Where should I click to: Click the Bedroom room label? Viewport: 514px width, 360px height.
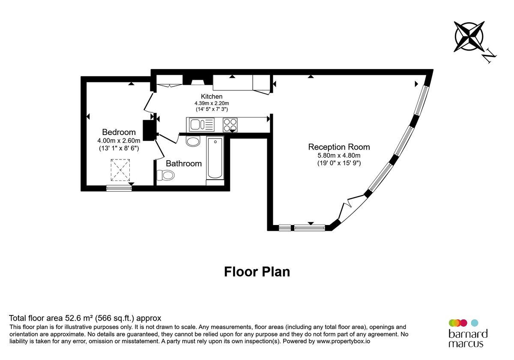pyautogui.click(x=119, y=132)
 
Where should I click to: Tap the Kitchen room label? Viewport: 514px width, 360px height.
pyautogui.click(x=212, y=96)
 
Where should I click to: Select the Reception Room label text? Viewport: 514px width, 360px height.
pyautogui.click(x=339, y=147)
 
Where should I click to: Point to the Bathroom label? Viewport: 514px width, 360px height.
pyautogui.click(x=183, y=163)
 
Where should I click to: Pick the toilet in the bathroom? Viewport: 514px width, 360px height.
pyautogui.click(x=166, y=175)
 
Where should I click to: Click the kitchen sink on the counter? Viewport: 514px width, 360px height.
pyautogui.click(x=201, y=125)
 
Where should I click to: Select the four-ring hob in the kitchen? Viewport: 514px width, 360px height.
pyautogui.click(x=230, y=125)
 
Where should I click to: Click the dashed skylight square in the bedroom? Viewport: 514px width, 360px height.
pyautogui.click(x=120, y=170)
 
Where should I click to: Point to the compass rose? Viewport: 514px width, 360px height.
pyautogui.click(x=469, y=37)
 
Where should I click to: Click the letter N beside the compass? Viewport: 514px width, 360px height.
pyautogui.click(x=489, y=56)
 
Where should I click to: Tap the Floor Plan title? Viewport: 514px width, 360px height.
pyautogui.click(x=257, y=272)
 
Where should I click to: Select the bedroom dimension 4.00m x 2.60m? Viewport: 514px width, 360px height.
pyautogui.click(x=119, y=141)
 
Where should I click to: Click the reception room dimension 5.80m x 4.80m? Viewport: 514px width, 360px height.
pyautogui.click(x=339, y=156)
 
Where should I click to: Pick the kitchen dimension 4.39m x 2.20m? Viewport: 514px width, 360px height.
pyautogui.click(x=212, y=103)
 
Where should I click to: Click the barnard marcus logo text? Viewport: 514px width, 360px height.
pyautogui.click(x=468, y=339)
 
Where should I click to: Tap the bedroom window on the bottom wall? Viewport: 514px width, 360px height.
pyautogui.click(x=119, y=188)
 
